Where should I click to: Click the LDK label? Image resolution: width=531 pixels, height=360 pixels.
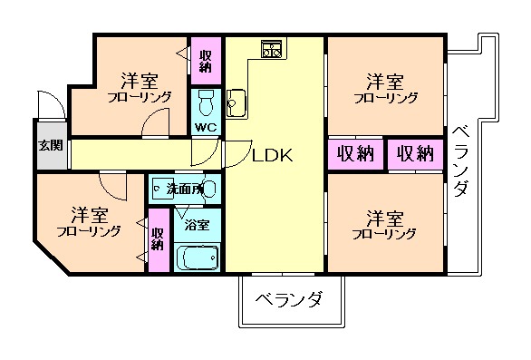(272, 155)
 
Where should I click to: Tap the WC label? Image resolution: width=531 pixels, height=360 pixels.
(205, 127)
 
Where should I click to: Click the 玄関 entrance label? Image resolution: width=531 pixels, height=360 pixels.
(50, 145)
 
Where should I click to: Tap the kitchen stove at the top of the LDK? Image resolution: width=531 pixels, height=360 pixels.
(273, 51)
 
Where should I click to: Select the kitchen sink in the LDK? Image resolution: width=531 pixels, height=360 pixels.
(237, 102)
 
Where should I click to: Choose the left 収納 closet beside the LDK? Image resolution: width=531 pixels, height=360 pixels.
(355, 153)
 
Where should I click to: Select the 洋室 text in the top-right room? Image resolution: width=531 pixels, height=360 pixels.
(385, 79)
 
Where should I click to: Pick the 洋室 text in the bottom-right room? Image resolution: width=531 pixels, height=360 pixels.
(385, 217)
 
